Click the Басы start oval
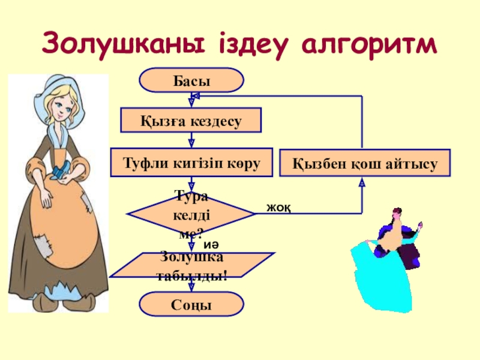[191, 80]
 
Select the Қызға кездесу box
[191, 120]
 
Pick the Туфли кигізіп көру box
[191, 163]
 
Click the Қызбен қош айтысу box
[365, 163]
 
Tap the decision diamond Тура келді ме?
[191, 214]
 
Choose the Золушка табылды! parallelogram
[192, 265]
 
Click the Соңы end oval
[191, 304]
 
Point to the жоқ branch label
[278, 208]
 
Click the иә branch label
[211, 245]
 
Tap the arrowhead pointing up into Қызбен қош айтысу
[362, 182]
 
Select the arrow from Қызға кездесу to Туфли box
[191, 140]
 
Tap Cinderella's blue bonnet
[58, 98]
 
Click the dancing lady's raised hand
[420, 226]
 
